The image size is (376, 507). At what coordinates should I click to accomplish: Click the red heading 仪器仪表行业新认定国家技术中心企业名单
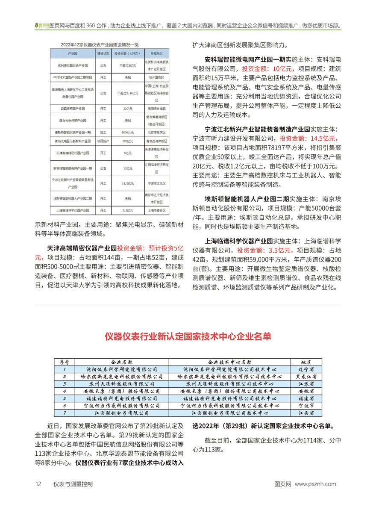(x=188, y=336)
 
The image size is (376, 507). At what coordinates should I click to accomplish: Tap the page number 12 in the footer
(x=38, y=484)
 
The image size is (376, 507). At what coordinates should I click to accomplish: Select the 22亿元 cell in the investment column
(x=126, y=109)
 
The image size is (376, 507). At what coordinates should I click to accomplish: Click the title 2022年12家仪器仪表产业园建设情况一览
(x=99, y=44)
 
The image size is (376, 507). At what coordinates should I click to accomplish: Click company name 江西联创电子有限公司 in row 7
(x=122, y=413)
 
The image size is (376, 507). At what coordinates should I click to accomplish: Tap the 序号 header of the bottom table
(x=65, y=361)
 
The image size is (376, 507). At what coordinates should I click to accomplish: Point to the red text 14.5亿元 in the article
(x=319, y=138)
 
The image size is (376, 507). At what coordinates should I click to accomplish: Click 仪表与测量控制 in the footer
(x=73, y=484)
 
